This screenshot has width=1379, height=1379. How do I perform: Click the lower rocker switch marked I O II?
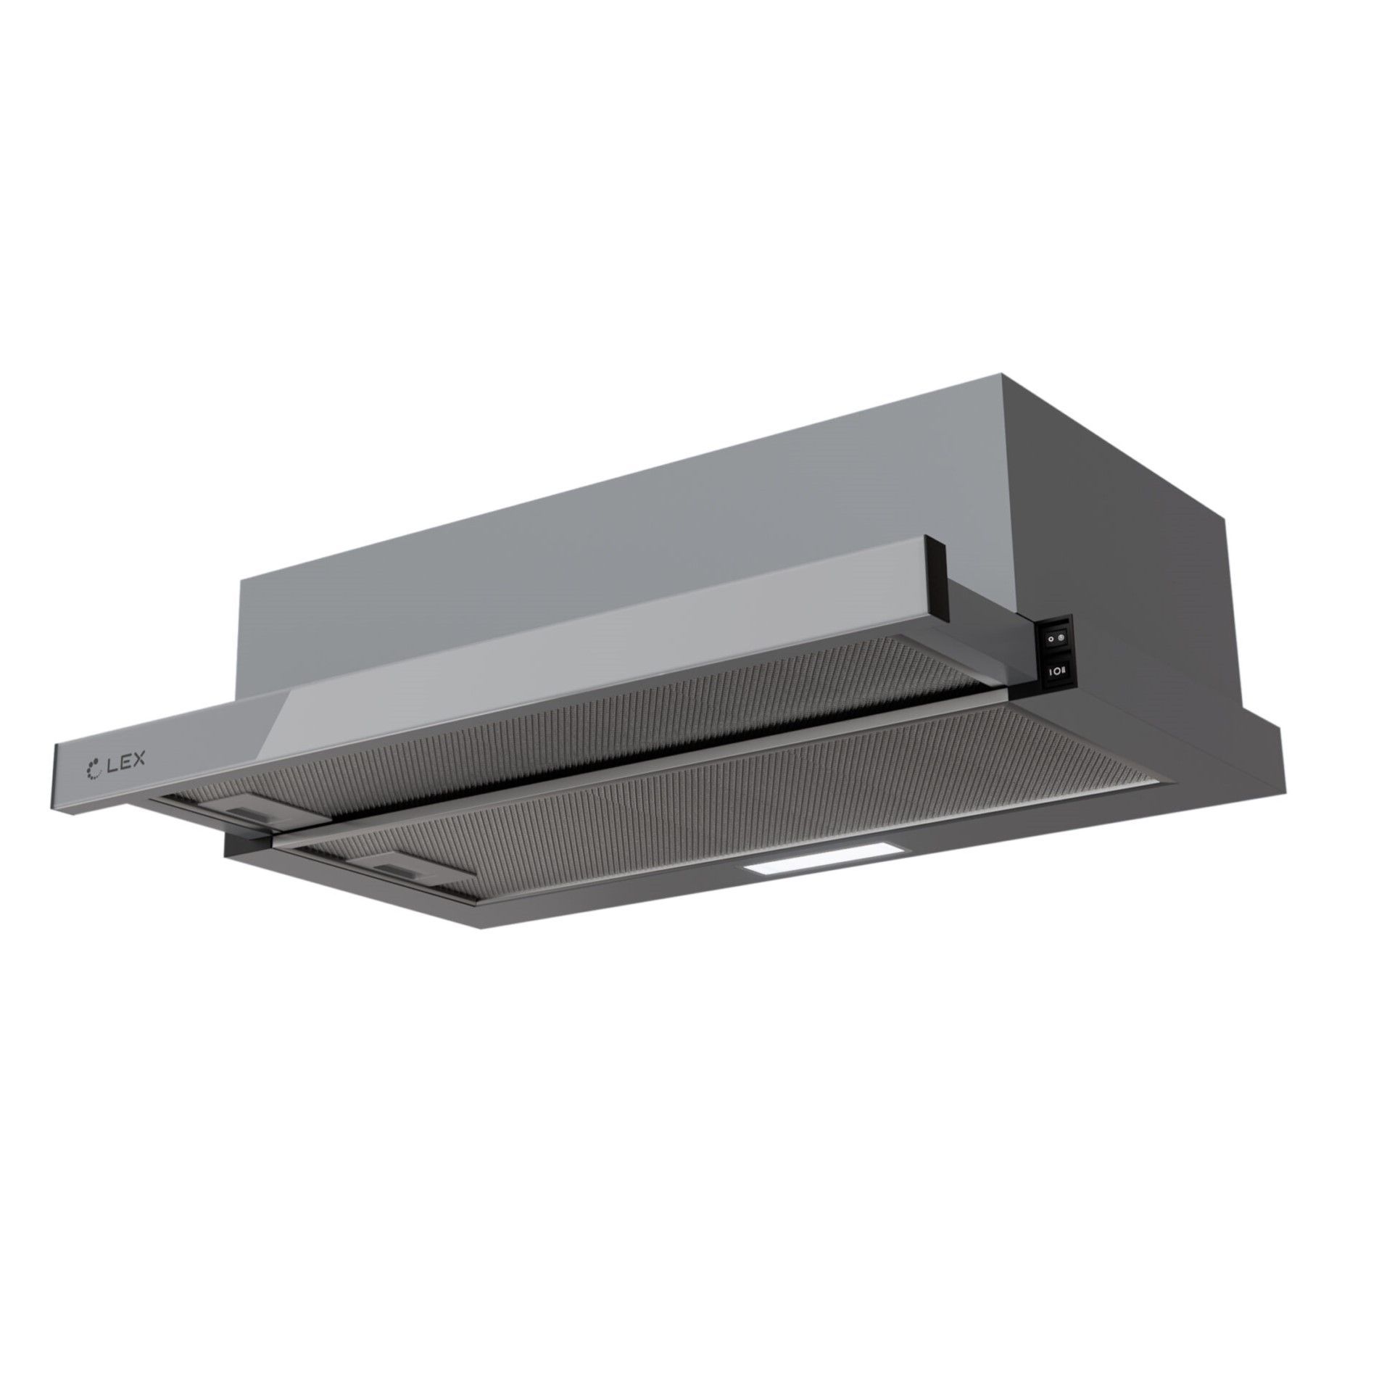click(x=1055, y=673)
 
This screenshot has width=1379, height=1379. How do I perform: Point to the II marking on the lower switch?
click(x=1061, y=672)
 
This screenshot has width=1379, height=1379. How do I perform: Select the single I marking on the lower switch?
click(x=1048, y=674)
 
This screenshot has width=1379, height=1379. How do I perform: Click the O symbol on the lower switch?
click(x=1054, y=673)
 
